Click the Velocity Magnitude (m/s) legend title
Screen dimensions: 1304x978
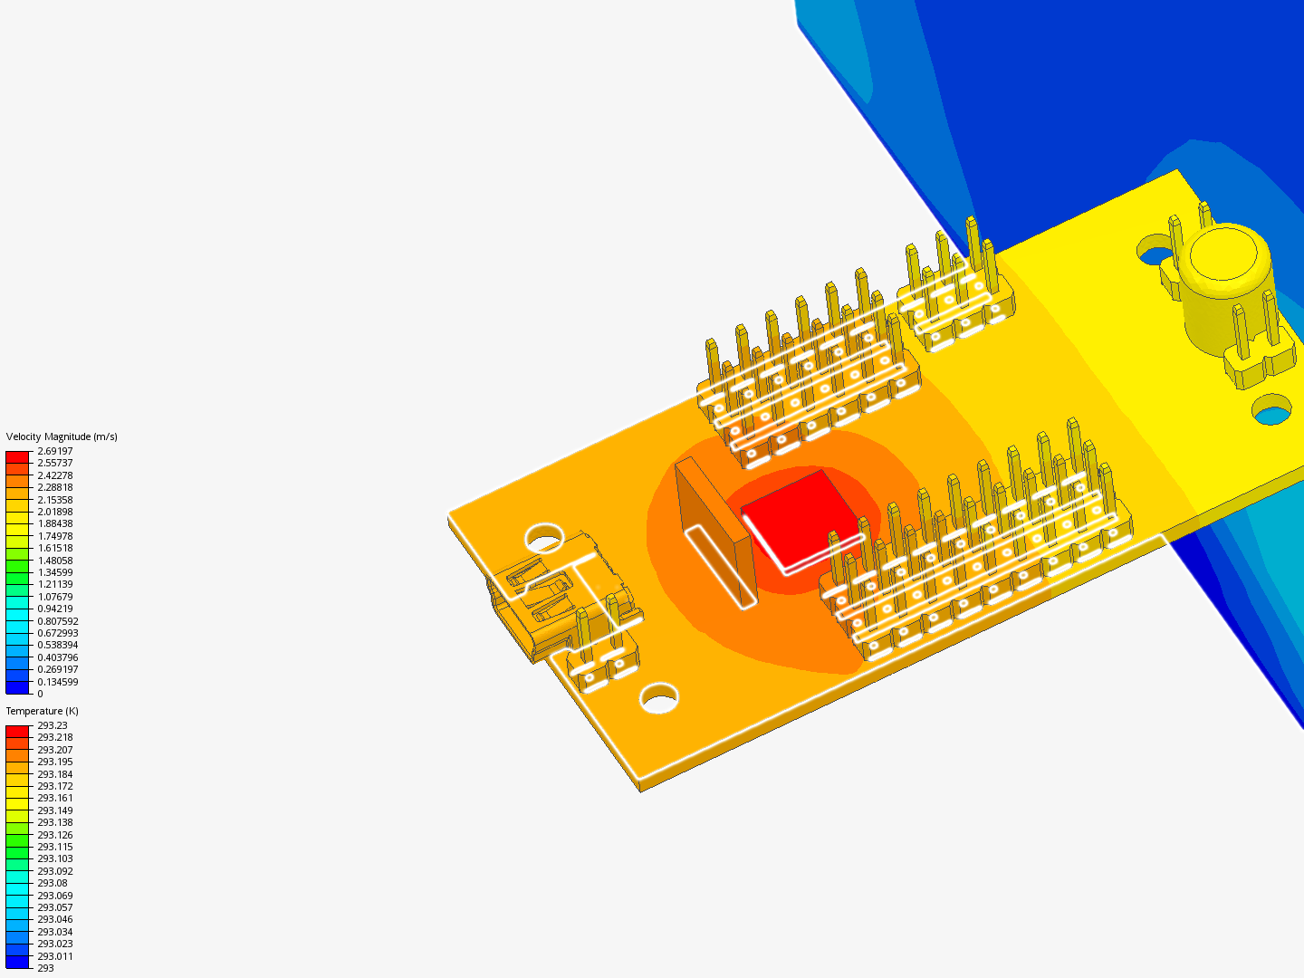click(62, 437)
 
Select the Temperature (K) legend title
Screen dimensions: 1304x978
click(43, 712)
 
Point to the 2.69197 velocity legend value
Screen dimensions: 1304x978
click(54, 451)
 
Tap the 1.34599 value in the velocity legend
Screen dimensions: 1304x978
click(54, 572)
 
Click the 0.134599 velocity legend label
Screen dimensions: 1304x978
click(58, 682)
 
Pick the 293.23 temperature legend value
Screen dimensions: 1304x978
click(53, 725)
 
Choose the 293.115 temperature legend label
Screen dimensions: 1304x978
click(54, 847)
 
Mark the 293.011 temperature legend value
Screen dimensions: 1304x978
click(54, 956)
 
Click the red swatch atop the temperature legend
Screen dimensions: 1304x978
click(17, 732)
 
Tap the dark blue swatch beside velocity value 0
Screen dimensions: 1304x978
click(17, 687)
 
